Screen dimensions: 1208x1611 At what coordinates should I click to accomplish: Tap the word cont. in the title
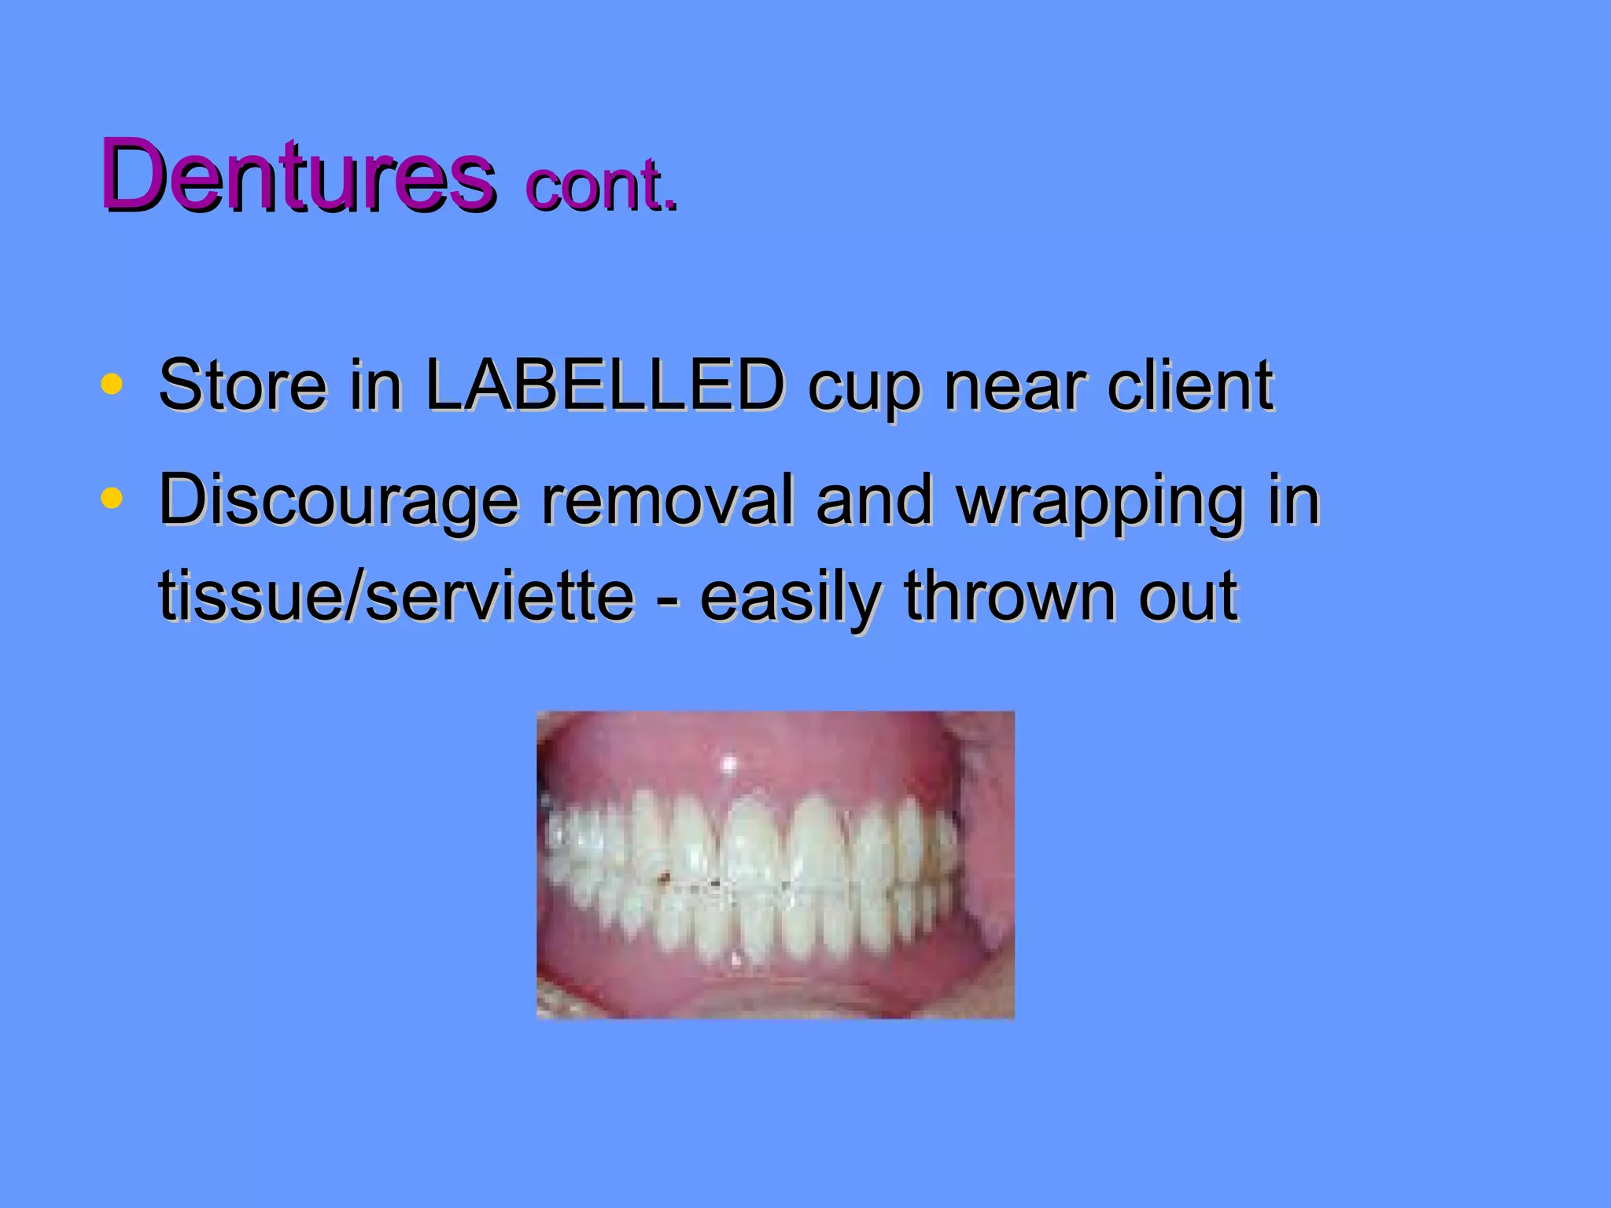[x=600, y=186]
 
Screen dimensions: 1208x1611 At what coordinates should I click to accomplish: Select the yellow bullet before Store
[x=112, y=385]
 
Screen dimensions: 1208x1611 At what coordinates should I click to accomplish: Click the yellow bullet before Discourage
[x=112, y=499]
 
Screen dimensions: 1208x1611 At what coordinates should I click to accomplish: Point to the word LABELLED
[x=604, y=385]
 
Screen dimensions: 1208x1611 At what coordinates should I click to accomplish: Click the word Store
[x=242, y=385]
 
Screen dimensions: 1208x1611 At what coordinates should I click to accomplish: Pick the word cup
[x=862, y=389]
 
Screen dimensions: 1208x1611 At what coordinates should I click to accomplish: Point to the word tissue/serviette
[x=396, y=595]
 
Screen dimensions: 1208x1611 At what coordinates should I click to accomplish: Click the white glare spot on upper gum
[x=729, y=763]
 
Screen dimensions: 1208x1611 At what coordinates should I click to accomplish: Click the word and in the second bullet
[x=874, y=500]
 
